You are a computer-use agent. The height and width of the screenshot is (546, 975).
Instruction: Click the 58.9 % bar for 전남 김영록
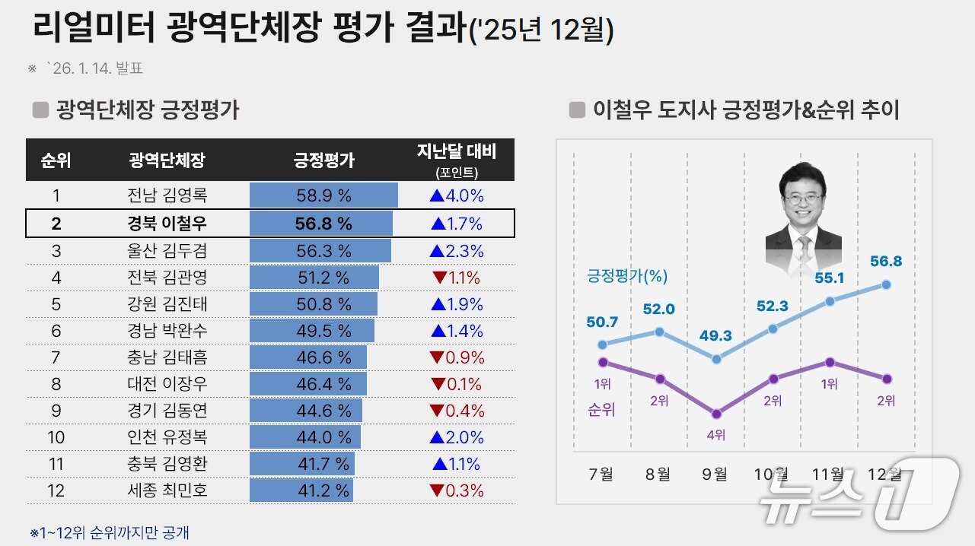point(323,195)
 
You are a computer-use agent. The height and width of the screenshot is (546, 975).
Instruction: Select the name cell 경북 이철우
point(167,224)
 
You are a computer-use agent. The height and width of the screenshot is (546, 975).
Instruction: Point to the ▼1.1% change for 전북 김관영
point(456,278)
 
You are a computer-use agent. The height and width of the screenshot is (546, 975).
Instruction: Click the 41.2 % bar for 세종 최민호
point(301,490)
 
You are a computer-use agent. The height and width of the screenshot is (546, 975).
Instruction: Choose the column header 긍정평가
point(323,160)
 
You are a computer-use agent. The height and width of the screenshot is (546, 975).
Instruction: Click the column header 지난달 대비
point(456,152)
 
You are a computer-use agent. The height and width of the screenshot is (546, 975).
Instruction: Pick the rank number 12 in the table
point(56,490)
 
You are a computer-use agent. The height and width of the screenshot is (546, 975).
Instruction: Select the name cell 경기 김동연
point(167,411)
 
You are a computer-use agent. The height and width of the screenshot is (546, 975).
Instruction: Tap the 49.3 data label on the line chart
point(716,335)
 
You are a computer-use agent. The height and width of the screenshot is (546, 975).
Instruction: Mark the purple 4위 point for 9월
point(716,414)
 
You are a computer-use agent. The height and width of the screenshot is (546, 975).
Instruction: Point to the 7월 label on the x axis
point(601,475)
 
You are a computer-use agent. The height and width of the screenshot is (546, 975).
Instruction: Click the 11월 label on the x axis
point(828,475)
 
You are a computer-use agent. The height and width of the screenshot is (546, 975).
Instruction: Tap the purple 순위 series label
point(601,409)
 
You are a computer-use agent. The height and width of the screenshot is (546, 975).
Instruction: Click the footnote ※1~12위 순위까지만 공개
point(110,532)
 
